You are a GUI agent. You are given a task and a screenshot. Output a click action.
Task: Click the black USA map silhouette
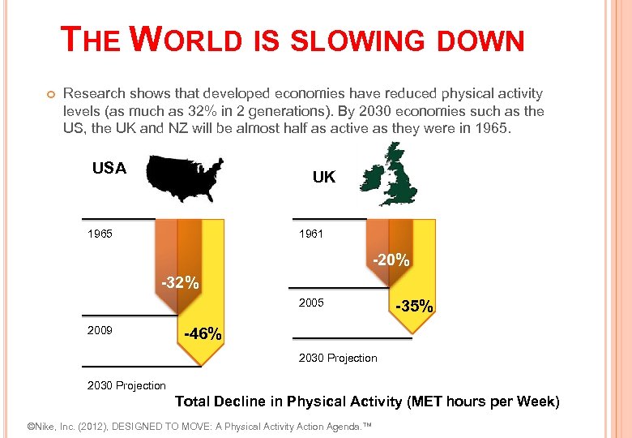(186, 176)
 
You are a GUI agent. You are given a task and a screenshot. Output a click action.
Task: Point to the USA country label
(109, 169)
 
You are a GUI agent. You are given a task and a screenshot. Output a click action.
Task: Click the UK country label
(323, 177)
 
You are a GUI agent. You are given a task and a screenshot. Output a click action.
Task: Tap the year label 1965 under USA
(100, 234)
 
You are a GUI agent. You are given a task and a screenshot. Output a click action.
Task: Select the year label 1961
(311, 234)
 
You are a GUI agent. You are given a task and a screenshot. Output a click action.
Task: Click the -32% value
(180, 283)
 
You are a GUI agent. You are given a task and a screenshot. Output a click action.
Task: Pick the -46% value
(203, 333)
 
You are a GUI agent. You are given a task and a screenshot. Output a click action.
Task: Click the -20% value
(391, 261)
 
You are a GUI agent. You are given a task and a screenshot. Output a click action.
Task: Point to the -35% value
(414, 307)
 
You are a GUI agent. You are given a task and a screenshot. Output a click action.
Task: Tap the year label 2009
(100, 331)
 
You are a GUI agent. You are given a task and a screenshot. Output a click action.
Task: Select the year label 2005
(311, 303)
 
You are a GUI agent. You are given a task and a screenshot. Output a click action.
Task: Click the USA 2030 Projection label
(126, 385)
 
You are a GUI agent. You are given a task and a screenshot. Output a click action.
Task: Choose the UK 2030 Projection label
(338, 358)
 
